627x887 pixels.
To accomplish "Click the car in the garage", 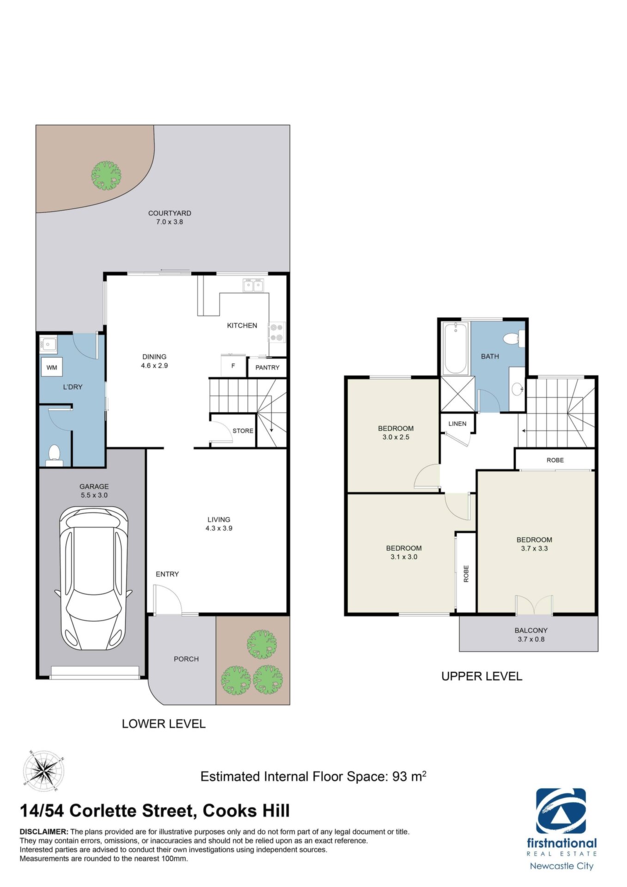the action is coord(94,578).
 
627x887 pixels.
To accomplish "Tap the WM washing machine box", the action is coord(52,367).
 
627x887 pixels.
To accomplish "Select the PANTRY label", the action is coord(268,367).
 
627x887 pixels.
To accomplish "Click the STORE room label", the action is coord(243,431).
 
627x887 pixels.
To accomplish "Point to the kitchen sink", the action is coord(253,286).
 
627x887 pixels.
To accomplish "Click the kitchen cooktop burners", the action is coord(276,332).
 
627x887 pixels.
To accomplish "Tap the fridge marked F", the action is coord(233,366).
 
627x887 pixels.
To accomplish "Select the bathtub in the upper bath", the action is coord(456,348).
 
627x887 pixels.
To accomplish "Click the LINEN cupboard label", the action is coord(457,424).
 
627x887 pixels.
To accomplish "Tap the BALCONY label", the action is coord(531,630).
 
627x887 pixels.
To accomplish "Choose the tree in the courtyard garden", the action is coord(106,175).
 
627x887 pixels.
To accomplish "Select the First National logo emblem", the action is coord(561,811).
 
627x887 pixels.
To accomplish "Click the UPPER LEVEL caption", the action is coord(481,676).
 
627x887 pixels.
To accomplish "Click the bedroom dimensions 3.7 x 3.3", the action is coord(535,548).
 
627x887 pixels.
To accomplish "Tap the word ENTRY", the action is coord(167,574).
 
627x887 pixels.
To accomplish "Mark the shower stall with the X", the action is coord(457,394).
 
